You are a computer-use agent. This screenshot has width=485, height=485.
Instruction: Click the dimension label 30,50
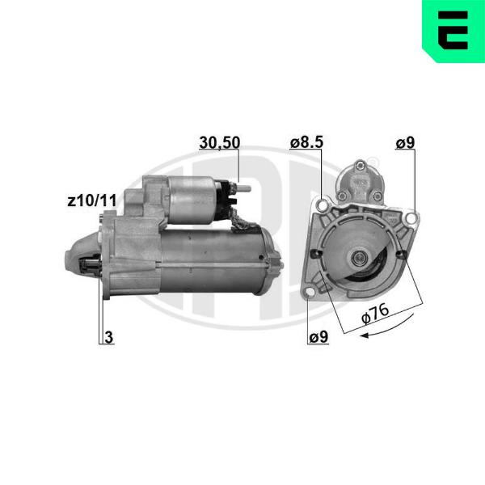(x=219, y=142)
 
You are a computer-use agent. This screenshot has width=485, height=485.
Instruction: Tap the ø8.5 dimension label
(x=306, y=142)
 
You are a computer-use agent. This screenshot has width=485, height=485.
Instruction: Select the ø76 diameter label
(x=375, y=314)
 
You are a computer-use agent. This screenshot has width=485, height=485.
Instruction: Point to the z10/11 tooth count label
(x=92, y=200)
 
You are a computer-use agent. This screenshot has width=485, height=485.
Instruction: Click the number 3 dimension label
(x=108, y=337)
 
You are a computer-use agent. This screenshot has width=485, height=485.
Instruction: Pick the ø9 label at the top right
(x=405, y=142)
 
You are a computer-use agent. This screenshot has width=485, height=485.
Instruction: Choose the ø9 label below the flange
(x=318, y=337)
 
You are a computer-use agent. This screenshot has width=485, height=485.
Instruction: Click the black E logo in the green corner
(x=454, y=30)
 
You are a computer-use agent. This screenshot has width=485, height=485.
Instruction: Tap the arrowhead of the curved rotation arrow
(x=365, y=335)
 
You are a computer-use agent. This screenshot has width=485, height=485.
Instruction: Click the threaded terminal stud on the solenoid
(x=244, y=188)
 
